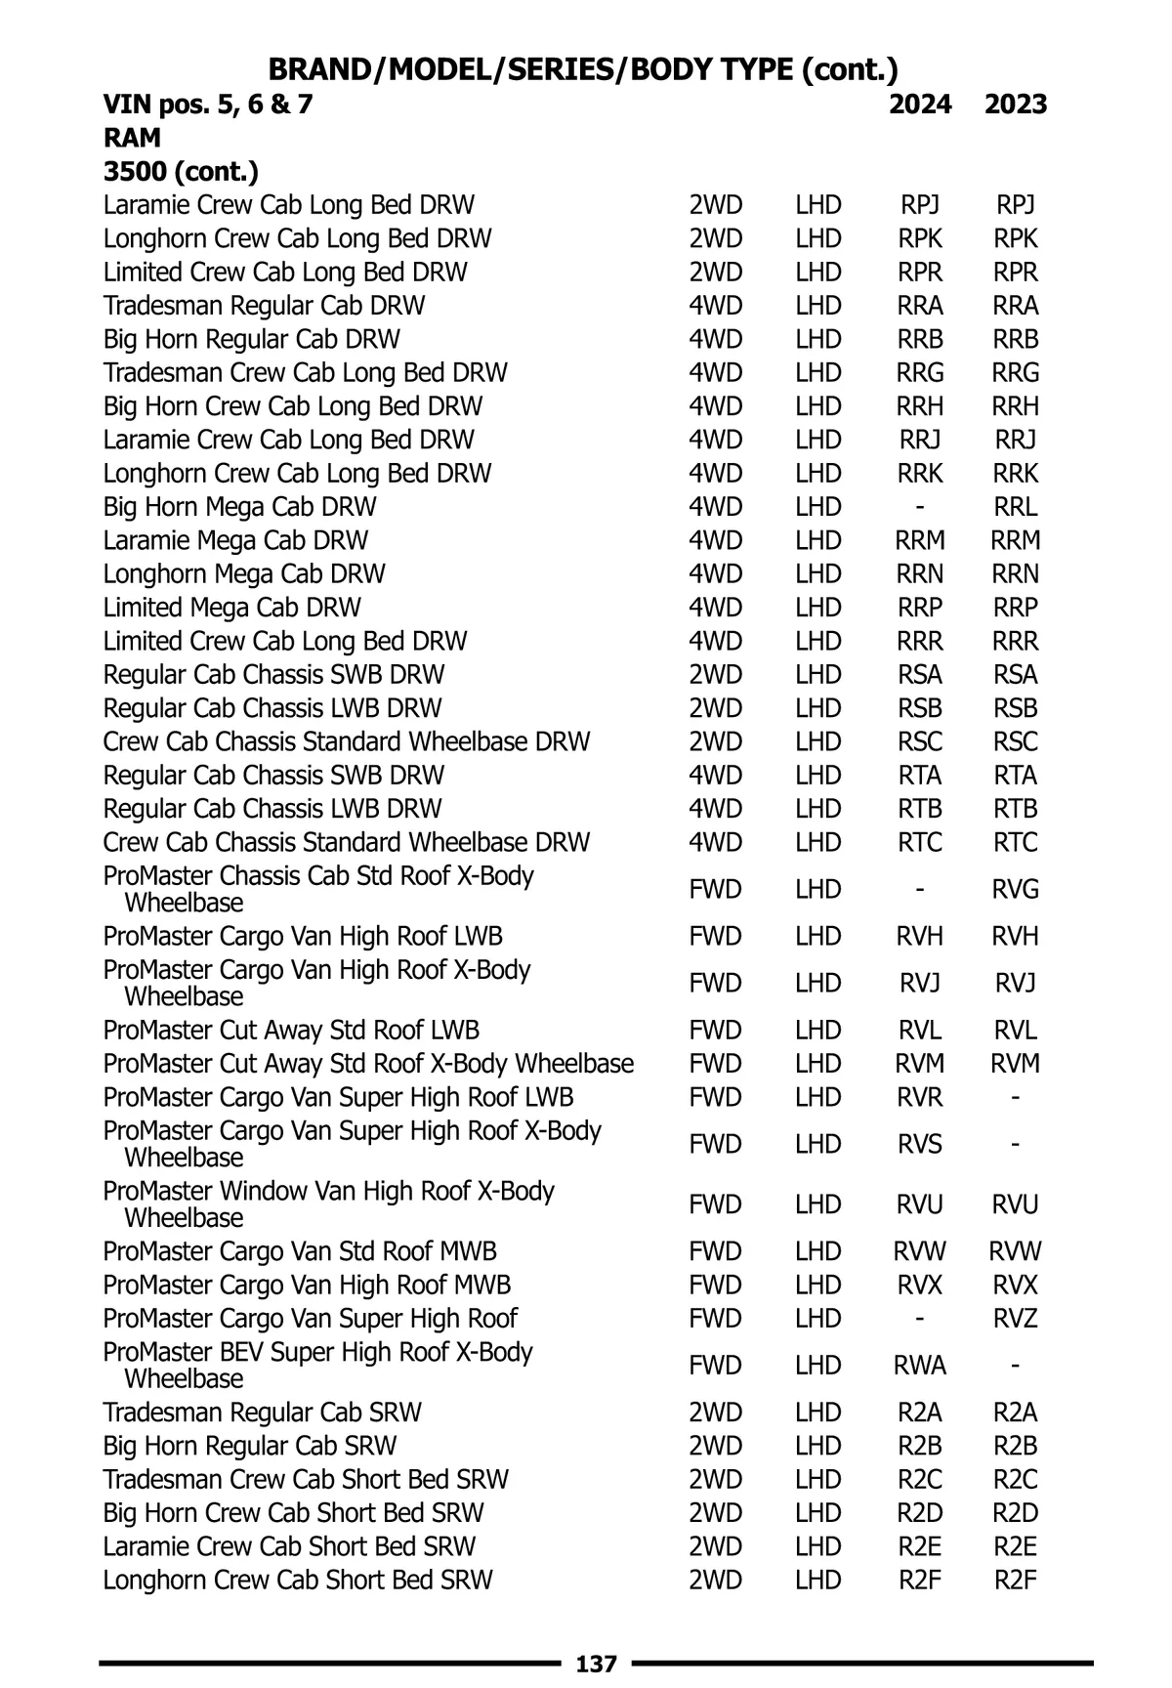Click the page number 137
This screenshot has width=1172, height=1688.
[x=597, y=1663]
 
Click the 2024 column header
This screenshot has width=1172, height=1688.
[x=920, y=105]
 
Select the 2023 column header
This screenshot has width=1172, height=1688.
[x=1016, y=105]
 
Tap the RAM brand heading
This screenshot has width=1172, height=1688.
[x=132, y=138]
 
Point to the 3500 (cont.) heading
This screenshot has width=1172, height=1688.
[x=181, y=172]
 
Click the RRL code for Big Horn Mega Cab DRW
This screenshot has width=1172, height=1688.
[x=1016, y=507]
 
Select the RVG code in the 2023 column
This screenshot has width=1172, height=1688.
[x=1016, y=889]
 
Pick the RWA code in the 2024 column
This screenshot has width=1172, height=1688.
[x=920, y=1365]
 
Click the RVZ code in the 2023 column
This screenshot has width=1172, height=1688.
[x=1016, y=1318]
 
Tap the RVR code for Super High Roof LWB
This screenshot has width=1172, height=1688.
[x=920, y=1097]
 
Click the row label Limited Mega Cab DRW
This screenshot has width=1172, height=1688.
[x=232, y=608]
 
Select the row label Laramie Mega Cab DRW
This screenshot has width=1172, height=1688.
[x=236, y=540]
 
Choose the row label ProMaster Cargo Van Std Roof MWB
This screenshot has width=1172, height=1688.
[x=300, y=1251]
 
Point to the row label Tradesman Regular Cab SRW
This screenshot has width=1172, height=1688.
[x=263, y=1413]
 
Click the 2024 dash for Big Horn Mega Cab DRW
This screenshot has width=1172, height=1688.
[x=920, y=507]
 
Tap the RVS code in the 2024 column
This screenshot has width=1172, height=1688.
[x=920, y=1144]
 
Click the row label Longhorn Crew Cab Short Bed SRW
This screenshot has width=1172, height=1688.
[x=298, y=1580]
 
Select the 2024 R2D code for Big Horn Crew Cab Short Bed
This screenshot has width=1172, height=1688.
[x=920, y=1513]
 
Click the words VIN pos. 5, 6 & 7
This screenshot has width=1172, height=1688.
[x=208, y=105]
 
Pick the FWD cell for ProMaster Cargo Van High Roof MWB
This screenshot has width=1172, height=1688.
[x=716, y=1285]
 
